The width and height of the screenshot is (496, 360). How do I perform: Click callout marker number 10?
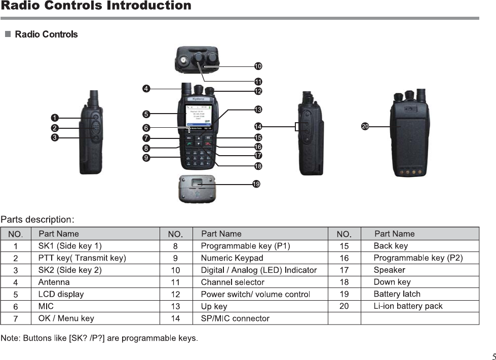point(258,66)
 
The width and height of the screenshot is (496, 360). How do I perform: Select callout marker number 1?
point(54,118)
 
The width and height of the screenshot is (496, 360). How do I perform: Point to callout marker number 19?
point(256,184)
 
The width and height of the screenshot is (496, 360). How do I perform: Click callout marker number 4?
point(146,89)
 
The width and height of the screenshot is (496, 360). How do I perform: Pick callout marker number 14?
point(258,126)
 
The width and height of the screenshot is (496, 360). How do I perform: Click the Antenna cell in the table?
point(54,282)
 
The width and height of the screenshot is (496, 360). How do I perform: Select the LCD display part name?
point(61,294)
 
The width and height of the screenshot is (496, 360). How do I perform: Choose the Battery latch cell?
point(397,294)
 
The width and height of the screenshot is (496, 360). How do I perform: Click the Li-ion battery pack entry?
point(408,306)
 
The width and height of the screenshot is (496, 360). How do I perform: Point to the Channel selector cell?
point(233,282)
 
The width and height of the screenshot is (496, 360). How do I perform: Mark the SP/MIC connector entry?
point(235,318)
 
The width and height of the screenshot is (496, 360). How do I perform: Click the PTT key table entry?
point(82,258)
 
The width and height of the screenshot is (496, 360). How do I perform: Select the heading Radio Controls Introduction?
point(96,6)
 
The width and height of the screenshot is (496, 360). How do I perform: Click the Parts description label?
point(37,220)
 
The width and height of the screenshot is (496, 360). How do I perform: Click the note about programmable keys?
point(99,338)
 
